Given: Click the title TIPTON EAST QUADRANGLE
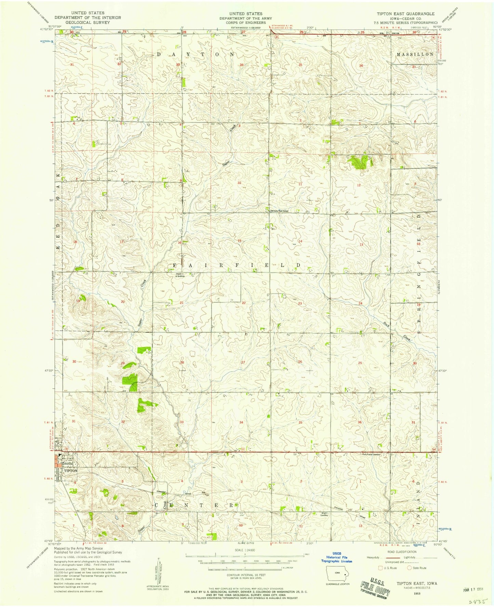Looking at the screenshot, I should coord(405,14).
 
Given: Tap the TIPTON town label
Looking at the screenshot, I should coord(71,471).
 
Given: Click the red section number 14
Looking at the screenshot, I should coord(300,241).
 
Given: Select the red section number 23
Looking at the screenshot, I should coord(300,304).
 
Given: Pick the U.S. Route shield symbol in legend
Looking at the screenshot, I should coord(380,568).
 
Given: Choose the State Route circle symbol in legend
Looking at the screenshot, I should coord(409,568).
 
